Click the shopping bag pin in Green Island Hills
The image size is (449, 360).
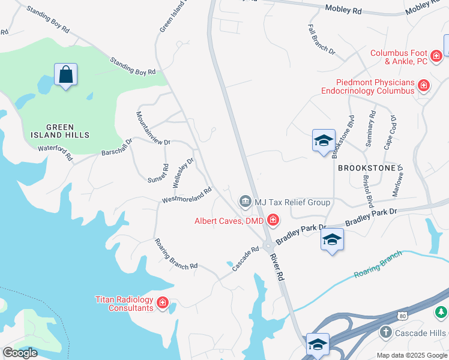65,75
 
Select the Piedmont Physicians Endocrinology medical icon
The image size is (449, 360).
424,86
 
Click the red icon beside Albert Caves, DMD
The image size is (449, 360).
273,221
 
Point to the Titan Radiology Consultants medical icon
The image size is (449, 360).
162,304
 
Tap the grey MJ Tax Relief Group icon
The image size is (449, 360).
245,202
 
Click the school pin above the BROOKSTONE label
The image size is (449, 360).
324,141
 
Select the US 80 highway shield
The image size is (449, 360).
402,316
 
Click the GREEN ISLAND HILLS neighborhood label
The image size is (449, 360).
61,131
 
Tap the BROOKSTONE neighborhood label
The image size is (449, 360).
367,169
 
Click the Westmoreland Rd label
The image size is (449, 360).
187,196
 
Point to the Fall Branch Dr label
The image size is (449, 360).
321,40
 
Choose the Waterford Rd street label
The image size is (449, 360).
55,152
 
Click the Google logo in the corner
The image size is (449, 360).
20,353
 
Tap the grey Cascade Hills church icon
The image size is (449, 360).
387,332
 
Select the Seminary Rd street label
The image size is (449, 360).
370,129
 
